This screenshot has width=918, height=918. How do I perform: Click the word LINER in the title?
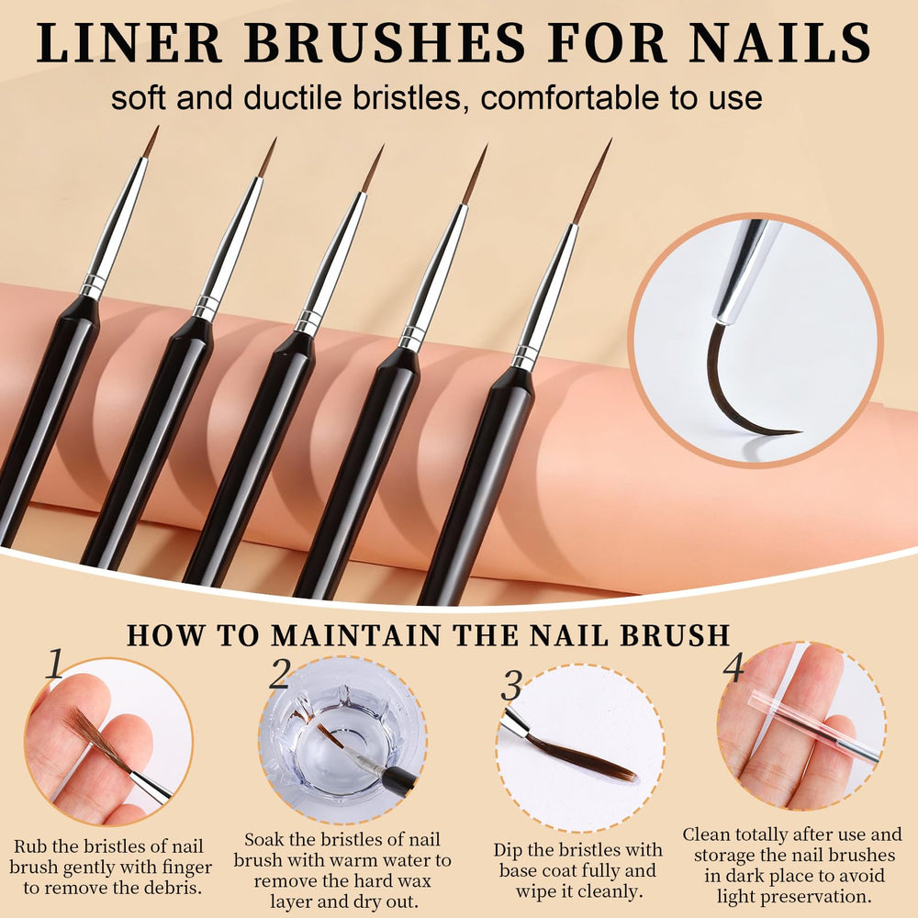point(129,43)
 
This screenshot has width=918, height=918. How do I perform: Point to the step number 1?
point(55,664)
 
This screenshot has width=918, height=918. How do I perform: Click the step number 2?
point(280,673)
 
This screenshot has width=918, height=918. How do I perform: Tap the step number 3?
point(512,685)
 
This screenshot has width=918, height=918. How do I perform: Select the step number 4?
point(733,666)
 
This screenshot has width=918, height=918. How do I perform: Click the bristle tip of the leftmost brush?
point(158,127)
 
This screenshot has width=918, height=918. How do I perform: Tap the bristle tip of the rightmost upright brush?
point(611,140)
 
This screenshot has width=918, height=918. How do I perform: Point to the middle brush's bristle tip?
point(384,146)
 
